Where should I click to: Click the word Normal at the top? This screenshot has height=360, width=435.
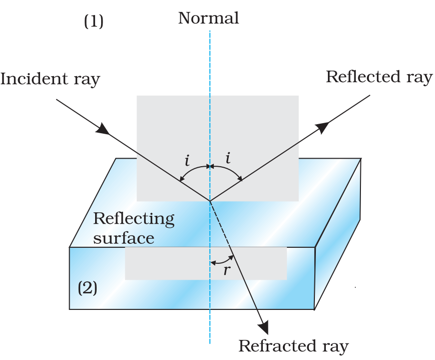tap(208, 19)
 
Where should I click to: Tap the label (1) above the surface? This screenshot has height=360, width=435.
tap(94, 22)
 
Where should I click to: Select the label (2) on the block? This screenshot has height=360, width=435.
tap(87, 288)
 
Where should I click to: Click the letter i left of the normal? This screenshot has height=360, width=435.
tap(187, 160)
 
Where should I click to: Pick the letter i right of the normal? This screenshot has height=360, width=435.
tap(228, 159)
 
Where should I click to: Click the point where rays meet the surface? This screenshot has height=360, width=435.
tap(209, 201)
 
